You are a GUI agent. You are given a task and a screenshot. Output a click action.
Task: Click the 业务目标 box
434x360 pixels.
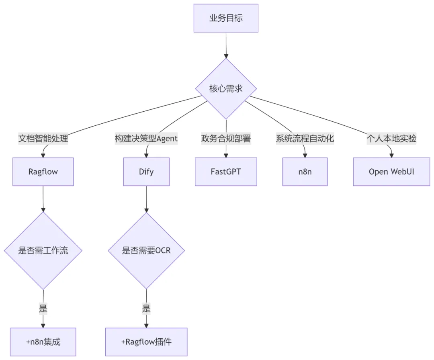(226, 18)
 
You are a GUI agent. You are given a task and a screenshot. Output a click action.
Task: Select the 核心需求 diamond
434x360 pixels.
(226, 89)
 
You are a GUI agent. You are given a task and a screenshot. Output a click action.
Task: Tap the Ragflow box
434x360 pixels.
(43, 172)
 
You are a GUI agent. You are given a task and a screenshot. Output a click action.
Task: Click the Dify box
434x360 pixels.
(146, 172)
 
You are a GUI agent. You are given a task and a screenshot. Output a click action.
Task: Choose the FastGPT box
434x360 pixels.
(226, 172)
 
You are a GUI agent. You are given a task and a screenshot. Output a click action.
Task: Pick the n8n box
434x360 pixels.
(305, 172)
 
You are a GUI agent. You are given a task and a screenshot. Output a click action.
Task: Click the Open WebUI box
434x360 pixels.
(391, 172)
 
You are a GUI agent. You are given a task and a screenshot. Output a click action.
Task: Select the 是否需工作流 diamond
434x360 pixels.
(43, 250)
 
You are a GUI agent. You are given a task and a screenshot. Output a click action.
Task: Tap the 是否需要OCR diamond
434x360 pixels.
(146, 250)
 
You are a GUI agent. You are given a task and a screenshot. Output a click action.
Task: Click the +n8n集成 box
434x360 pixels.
(43, 342)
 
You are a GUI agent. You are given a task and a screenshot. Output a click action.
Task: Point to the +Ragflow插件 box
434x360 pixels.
(146, 342)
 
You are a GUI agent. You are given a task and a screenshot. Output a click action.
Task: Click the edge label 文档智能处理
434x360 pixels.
(43, 139)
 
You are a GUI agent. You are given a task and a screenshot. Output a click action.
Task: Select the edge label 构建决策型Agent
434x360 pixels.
(146, 139)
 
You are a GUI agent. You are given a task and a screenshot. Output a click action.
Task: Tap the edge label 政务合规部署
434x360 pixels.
(226, 139)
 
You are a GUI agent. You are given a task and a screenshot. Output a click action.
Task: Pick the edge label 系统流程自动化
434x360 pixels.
(305, 139)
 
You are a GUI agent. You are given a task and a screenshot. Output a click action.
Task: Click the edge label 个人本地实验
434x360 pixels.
(391, 139)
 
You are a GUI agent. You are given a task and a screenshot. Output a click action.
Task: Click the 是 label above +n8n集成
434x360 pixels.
(43, 309)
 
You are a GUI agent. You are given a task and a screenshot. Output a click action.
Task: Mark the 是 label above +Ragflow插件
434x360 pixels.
(146, 309)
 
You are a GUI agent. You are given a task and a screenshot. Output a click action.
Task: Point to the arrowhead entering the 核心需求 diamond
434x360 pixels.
(226, 56)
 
